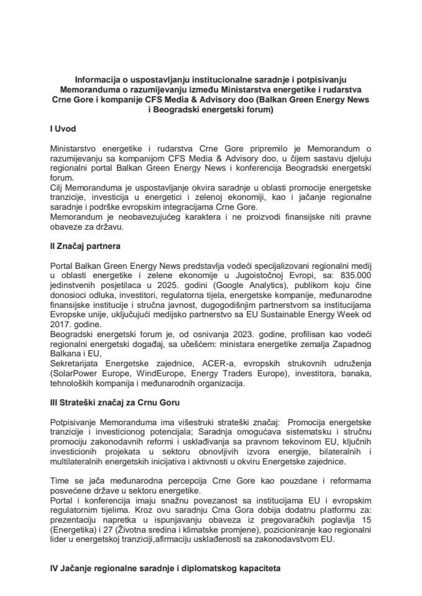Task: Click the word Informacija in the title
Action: click(98, 80)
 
